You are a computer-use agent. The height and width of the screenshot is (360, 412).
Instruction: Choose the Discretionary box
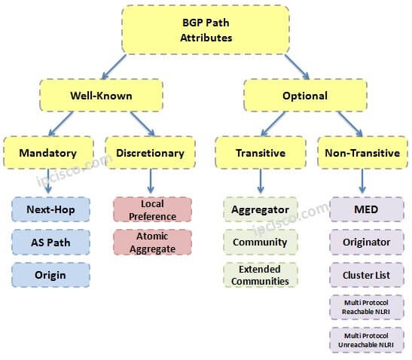click(x=151, y=153)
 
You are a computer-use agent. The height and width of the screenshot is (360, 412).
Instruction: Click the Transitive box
click(x=261, y=153)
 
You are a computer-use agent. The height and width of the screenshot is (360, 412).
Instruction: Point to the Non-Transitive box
click(x=362, y=153)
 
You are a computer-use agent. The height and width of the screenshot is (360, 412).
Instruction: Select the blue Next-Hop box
click(x=51, y=209)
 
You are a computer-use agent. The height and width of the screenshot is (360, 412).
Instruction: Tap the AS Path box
click(x=51, y=242)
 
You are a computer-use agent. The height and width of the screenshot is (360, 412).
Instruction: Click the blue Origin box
click(x=51, y=275)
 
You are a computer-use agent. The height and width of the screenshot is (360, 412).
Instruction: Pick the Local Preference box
click(x=152, y=209)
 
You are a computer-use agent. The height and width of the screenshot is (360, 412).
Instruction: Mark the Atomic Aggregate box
click(x=152, y=242)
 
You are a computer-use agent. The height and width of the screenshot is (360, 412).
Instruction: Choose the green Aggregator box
click(x=261, y=209)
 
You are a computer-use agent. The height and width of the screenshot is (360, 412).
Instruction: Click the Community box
click(x=261, y=242)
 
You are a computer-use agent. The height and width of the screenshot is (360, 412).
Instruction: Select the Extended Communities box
click(x=261, y=275)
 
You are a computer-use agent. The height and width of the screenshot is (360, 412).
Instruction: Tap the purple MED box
click(x=367, y=209)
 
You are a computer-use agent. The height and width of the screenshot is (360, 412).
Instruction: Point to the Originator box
click(x=367, y=242)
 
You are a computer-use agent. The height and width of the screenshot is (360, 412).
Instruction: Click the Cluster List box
click(x=367, y=275)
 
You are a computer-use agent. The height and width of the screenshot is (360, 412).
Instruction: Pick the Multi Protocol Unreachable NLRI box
click(x=367, y=340)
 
